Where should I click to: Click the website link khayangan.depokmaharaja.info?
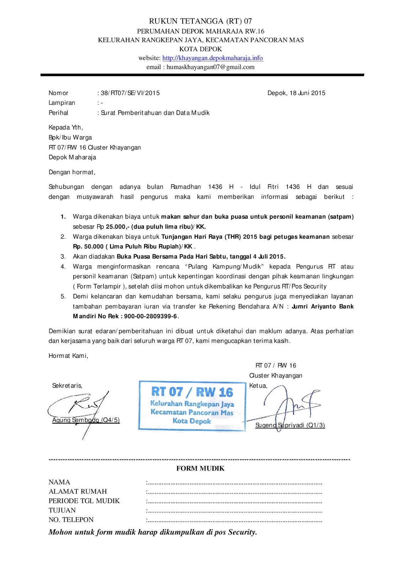[x=213, y=58]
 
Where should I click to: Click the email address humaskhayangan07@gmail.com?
[x=210, y=67]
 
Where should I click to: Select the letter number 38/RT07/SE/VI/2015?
[x=130, y=93]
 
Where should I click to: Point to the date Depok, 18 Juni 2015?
[x=296, y=93]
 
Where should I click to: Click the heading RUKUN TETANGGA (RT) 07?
[x=200, y=21]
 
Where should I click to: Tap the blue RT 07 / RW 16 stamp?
[x=192, y=406]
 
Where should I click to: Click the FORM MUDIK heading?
[x=200, y=468]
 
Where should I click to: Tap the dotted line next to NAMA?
[x=235, y=483]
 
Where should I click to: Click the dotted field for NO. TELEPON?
[x=235, y=521]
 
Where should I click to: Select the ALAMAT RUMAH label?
[x=77, y=491]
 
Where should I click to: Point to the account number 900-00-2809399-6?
[x=150, y=316]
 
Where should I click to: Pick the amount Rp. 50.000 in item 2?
[x=88, y=246]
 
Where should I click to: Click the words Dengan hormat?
[x=72, y=172]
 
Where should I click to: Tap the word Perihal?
[x=58, y=113]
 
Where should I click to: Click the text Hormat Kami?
[x=68, y=356]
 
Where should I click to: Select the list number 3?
[x=63, y=256]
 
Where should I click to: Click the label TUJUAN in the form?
[x=62, y=510]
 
